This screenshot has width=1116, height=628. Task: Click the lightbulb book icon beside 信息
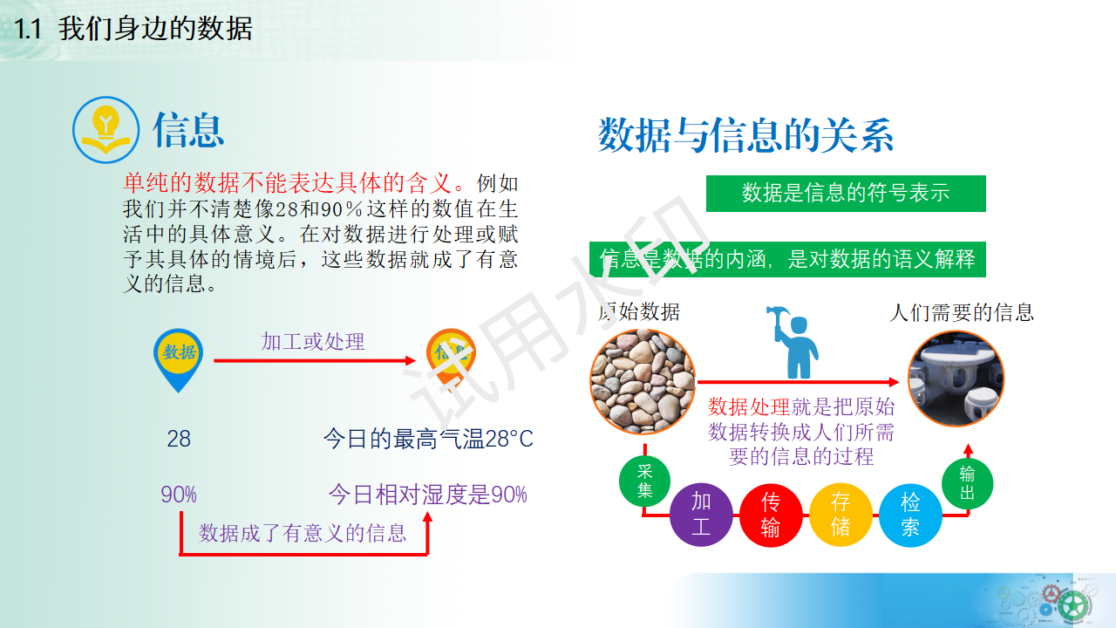click(x=105, y=130)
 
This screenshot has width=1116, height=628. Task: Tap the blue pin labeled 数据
click(x=179, y=354)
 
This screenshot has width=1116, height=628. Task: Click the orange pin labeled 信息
click(x=451, y=355)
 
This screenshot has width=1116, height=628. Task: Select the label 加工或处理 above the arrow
click(x=313, y=341)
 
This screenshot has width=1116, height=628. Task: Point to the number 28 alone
click(x=179, y=439)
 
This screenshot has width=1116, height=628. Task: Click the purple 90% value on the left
click(x=179, y=495)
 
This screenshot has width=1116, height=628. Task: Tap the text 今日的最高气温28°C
click(x=428, y=439)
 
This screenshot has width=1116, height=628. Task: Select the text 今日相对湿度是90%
click(x=428, y=495)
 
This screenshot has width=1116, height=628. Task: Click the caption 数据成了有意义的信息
click(x=303, y=533)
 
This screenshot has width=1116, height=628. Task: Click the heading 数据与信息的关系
click(x=745, y=136)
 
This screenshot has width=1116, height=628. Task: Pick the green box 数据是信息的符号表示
click(x=845, y=194)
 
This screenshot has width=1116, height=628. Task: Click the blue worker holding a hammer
click(x=795, y=342)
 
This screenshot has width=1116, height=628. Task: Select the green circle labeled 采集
click(x=645, y=481)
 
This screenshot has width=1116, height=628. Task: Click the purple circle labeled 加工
click(x=701, y=515)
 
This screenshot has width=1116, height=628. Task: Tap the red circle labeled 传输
click(x=771, y=515)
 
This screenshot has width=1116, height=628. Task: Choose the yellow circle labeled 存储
click(x=840, y=515)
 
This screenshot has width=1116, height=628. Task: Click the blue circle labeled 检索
click(x=910, y=515)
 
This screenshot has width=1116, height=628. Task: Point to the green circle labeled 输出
click(x=967, y=483)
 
